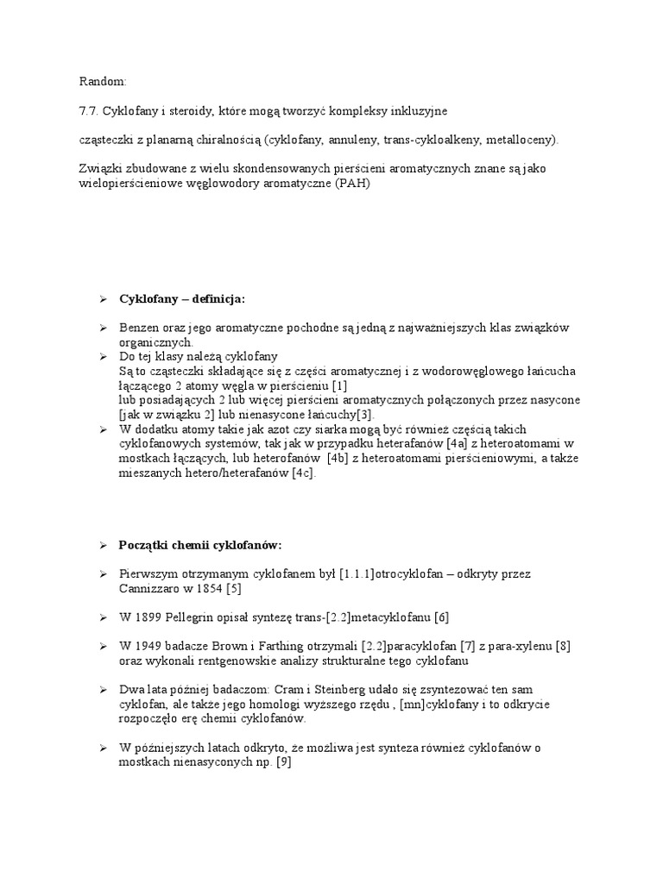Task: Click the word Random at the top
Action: pyautogui.click(x=102, y=82)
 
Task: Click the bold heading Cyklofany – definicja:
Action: pyautogui.click(x=182, y=298)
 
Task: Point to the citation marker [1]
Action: pyautogui.click(x=338, y=385)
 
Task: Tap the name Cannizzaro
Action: pyautogui.click(x=152, y=588)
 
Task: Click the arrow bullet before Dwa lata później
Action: pyautogui.click(x=102, y=691)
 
